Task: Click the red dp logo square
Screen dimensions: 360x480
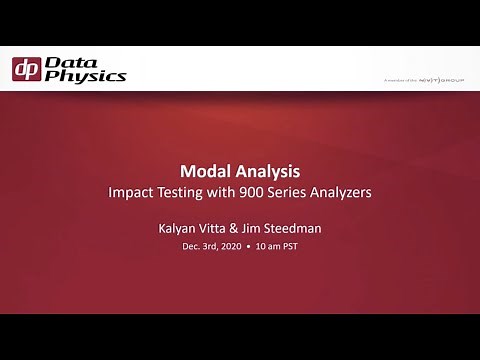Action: pos(27,69)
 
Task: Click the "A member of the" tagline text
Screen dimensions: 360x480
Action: pos(399,78)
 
